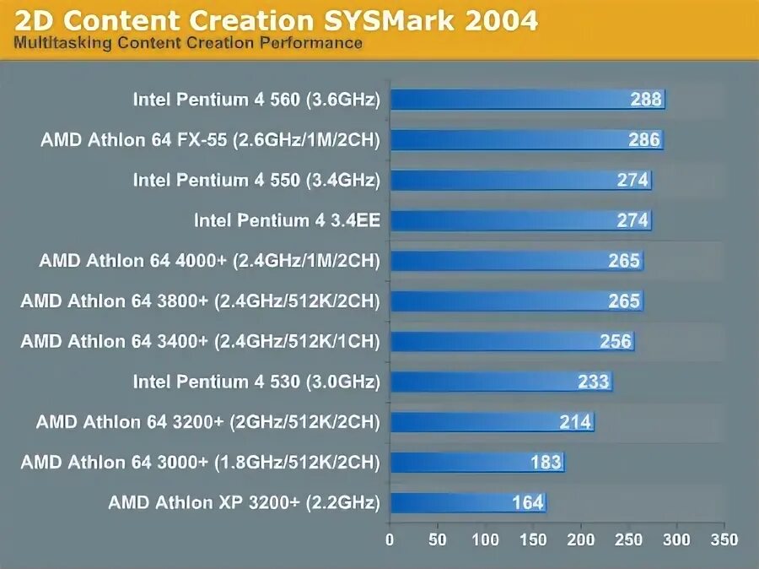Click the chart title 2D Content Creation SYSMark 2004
pyautogui.click(x=275, y=19)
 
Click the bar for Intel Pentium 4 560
pyautogui.click(x=527, y=100)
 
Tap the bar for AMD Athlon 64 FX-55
pyautogui.click(x=526, y=140)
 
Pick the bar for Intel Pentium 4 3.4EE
pyautogui.click(x=520, y=220)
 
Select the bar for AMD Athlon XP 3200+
pyautogui.click(x=467, y=503)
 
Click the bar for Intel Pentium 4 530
pyautogui.click(x=501, y=382)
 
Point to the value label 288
pyautogui.click(x=646, y=100)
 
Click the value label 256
pyautogui.click(x=616, y=341)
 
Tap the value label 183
pyautogui.click(x=546, y=463)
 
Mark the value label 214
pyautogui.click(x=576, y=422)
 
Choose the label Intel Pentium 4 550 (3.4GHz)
pyautogui.click(x=256, y=180)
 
